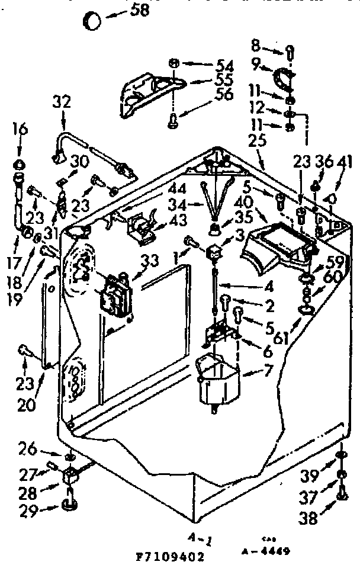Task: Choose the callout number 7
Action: tap(268, 373)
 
